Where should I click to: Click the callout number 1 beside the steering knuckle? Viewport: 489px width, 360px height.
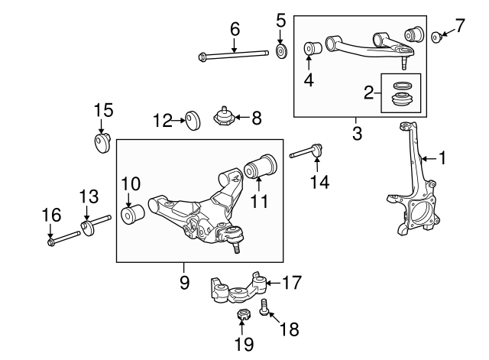pos(442,158)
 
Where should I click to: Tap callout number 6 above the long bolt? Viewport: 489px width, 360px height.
pos(235,29)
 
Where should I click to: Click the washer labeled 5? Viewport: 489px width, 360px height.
pos(281,52)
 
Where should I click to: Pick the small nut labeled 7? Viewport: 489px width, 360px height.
pos(435,36)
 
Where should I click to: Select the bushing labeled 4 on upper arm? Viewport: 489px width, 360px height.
pos(312,50)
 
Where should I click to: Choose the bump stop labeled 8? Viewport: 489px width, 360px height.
pos(225,118)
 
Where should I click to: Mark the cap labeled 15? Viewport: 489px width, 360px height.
pos(102,144)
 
